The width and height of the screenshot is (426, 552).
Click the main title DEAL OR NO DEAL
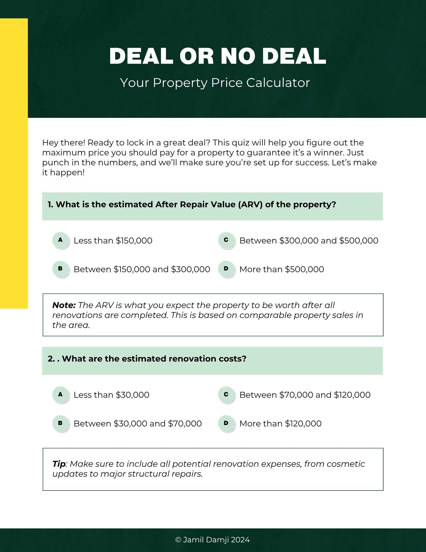[218, 56]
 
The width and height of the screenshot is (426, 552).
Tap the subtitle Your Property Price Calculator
[215, 83]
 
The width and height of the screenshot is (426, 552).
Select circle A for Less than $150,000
[60, 240]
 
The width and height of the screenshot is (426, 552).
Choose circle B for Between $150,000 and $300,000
[60, 269]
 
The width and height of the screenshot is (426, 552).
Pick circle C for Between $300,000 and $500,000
[226, 240]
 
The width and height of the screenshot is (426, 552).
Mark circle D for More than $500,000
[226, 269]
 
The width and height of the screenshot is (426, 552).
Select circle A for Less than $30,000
[60, 394]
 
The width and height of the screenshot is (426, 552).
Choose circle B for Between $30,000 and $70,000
[60, 423]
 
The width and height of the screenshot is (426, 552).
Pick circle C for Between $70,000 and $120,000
[226, 394]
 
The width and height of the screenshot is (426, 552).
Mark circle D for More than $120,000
[226, 423]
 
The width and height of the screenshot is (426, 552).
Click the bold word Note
[64, 305]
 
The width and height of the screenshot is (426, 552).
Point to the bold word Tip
[59, 464]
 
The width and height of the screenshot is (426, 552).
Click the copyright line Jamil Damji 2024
[213, 540]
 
